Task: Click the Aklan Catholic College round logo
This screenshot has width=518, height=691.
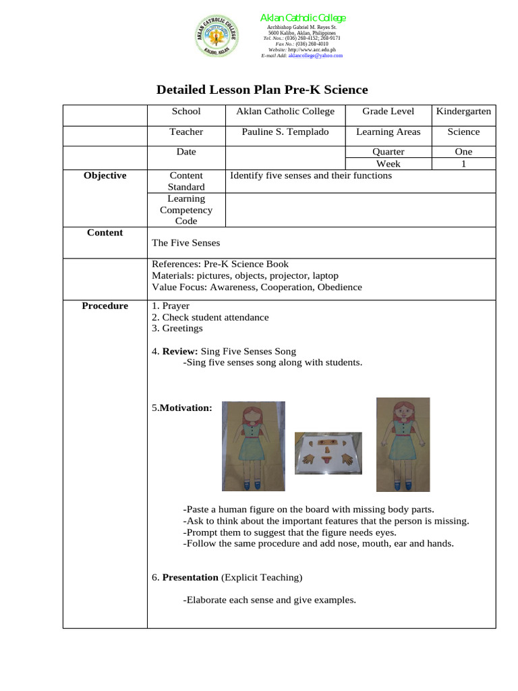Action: click(x=217, y=36)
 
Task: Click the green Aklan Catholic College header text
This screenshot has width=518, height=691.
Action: click(x=303, y=18)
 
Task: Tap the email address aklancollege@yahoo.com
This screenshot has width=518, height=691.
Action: click(x=315, y=56)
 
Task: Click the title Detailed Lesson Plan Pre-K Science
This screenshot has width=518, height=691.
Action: click(x=262, y=90)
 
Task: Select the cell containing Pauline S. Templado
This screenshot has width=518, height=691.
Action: click(x=285, y=132)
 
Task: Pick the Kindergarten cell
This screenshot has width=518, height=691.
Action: click(x=463, y=111)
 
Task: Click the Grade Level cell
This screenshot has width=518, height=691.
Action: click(x=388, y=111)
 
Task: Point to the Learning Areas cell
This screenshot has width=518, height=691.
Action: click(x=388, y=132)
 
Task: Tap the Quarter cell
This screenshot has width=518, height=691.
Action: click(x=388, y=152)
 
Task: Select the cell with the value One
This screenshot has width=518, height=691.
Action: click(x=463, y=152)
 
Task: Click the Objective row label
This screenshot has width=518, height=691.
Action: click(x=105, y=175)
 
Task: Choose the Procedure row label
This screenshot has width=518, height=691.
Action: click(x=105, y=306)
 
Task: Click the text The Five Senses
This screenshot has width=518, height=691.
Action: click(x=185, y=243)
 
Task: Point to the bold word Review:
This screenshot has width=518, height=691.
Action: click(x=180, y=352)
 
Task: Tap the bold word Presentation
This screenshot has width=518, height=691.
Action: click(x=190, y=578)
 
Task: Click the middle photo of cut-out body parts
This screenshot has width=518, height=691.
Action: click(x=328, y=453)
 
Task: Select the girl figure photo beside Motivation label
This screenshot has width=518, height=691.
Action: click(x=254, y=446)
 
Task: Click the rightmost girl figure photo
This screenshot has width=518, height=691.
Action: click(x=403, y=443)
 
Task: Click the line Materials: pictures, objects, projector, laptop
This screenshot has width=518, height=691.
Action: click(x=245, y=275)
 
